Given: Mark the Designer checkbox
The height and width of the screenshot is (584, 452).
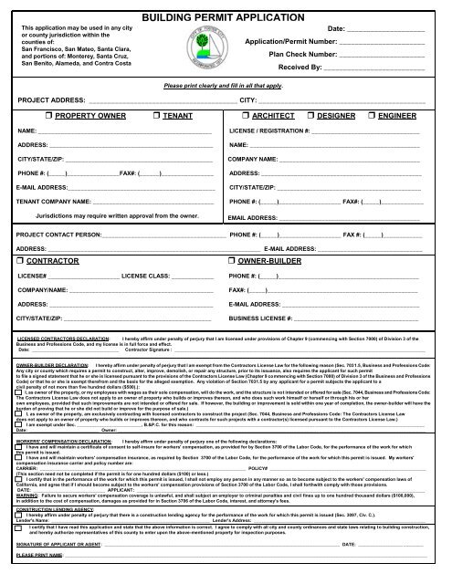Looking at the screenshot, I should coord(310,118).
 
